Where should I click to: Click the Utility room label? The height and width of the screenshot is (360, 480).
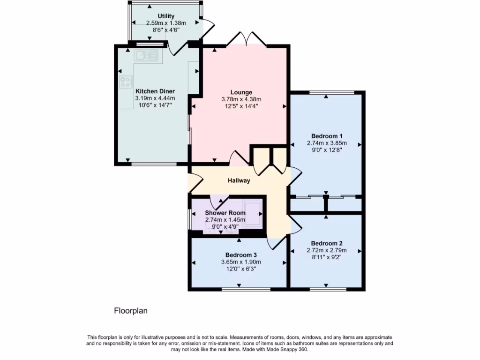tap(166, 16)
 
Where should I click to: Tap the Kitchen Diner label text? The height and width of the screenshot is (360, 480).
tap(155, 91)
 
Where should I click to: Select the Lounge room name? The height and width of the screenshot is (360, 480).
tap(241, 92)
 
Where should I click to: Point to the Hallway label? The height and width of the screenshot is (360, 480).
tap(239, 180)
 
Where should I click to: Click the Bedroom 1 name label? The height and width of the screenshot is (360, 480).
tap(327, 136)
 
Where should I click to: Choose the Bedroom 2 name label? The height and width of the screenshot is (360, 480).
tap(326, 243)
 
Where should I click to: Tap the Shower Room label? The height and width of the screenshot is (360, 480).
tap(225, 213)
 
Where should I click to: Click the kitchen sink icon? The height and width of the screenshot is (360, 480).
tap(147, 56)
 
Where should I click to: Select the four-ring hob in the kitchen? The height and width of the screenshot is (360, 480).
tap(126, 82)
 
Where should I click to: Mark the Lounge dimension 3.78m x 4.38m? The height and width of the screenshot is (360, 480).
tap(241, 99)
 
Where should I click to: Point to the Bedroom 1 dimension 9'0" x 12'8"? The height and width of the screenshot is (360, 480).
tap(327, 150)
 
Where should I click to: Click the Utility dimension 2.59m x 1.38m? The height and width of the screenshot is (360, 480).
tap(166, 23)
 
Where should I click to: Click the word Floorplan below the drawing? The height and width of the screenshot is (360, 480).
tap(131, 310)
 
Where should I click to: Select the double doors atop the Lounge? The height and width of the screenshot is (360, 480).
tap(247, 39)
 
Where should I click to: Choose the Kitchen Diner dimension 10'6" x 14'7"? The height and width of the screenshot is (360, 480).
tap(155, 105)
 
